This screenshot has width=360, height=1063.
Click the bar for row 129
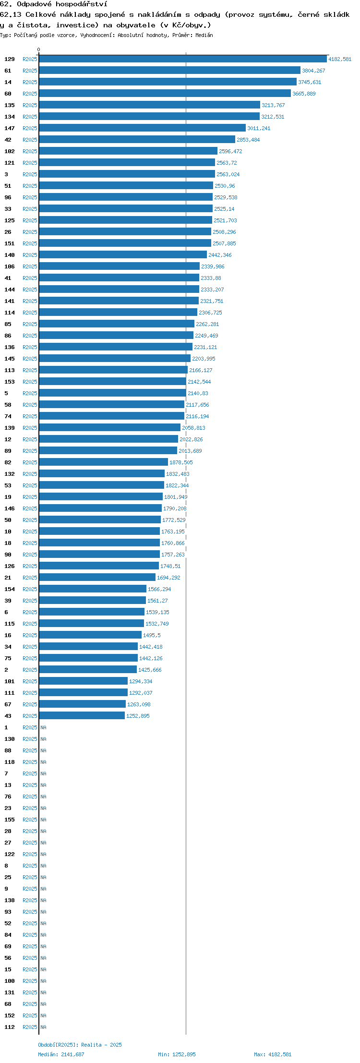(x=183, y=59)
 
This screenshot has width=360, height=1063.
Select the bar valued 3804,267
(x=170, y=71)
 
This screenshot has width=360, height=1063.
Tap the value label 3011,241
(x=259, y=128)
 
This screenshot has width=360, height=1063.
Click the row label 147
(x=10, y=128)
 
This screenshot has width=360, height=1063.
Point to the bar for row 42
(x=137, y=140)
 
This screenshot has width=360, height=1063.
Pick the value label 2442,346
(x=220, y=255)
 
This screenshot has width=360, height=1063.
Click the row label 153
(x=10, y=382)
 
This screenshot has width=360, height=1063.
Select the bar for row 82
(x=104, y=462)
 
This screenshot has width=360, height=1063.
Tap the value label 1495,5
(x=152, y=635)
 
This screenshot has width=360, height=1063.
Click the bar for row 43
(x=82, y=716)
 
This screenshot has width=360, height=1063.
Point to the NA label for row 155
(x=43, y=820)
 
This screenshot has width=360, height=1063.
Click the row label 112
(x=10, y=1027)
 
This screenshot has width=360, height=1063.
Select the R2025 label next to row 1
(x=30, y=727)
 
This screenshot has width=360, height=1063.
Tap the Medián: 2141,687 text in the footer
(x=61, y=1054)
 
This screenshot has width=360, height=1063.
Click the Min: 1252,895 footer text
(x=177, y=1054)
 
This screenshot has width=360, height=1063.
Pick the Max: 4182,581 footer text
(x=273, y=1054)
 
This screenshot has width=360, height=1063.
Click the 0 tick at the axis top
(x=39, y=49)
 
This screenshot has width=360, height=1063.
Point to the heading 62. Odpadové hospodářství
(x=54, y=4)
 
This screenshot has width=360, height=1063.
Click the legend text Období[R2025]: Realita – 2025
(x=80, y=1045)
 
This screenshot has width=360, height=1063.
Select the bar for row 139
(x=110, y=428)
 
